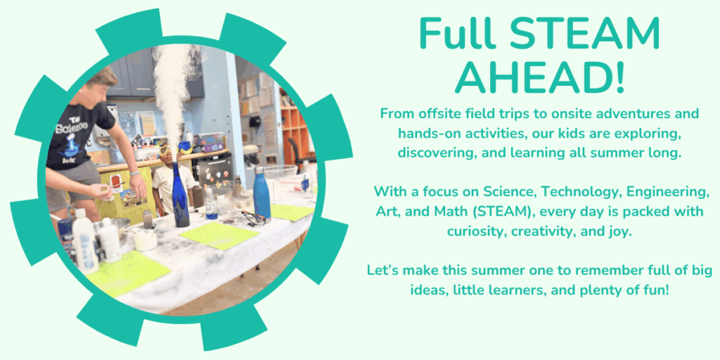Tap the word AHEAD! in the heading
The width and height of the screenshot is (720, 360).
pyautogui.click(x=540, y=77)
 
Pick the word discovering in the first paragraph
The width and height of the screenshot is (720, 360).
pyautogui.click(x=430, y=153)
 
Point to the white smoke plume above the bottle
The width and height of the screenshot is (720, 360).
pyautogui.click(x=172, y=92)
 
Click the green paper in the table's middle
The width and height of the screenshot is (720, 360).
pyautogui.click(x=219, y=236)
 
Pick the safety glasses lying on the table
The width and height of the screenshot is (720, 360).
pyautogui.click(x=252, y=218)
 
